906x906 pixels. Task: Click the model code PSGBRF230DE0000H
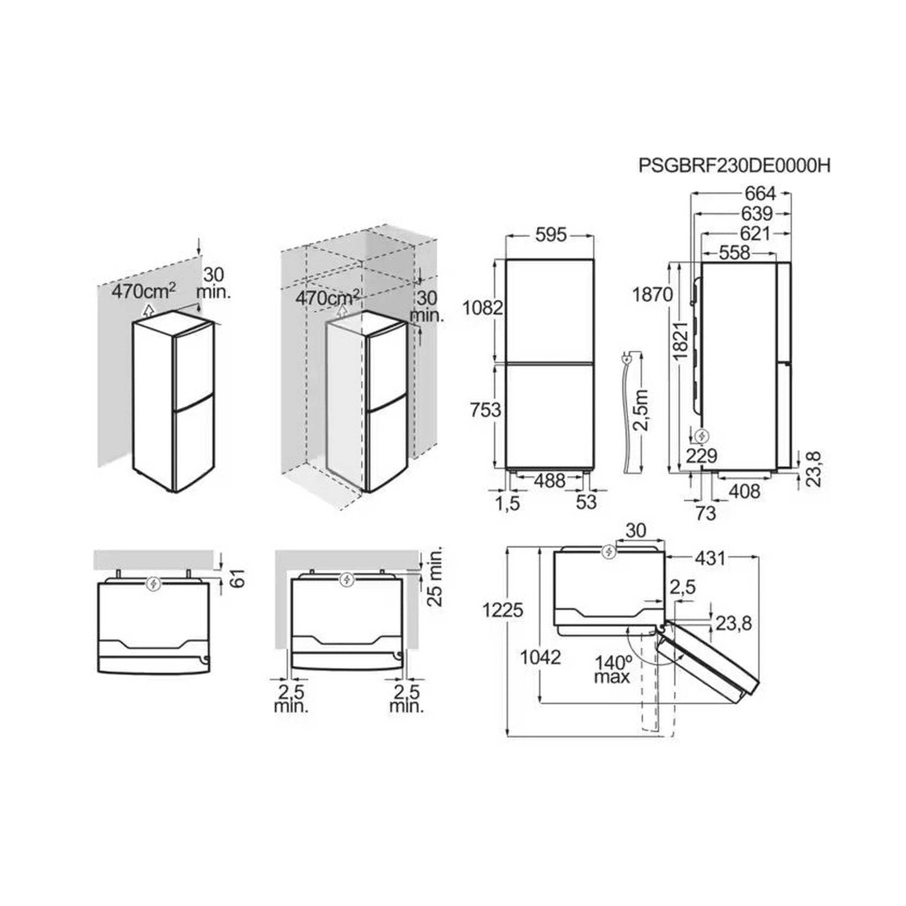pos(734,166)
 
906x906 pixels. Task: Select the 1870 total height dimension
pos(653,295)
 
